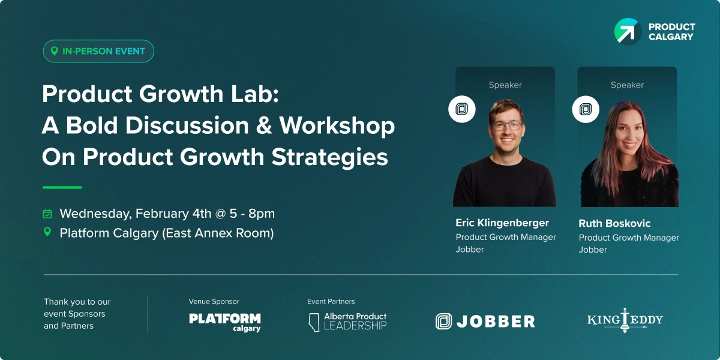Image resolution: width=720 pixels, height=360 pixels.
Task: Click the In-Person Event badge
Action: (98, 51)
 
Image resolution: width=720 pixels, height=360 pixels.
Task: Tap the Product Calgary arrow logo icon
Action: (627, 31)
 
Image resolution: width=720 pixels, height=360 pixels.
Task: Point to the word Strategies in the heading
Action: (330, 157)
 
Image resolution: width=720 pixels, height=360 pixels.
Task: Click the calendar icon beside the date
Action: (47, 214)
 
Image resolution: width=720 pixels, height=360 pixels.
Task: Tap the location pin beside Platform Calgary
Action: (47, 232)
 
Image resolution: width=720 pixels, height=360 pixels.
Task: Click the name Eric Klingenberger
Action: (502, 223)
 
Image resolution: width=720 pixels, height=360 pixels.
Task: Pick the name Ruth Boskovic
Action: (614, 223)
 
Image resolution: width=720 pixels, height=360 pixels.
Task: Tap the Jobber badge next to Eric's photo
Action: (462, 109)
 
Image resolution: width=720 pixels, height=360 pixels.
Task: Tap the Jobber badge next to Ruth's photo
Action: (585, 109)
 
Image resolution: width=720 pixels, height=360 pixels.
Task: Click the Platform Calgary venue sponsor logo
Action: (225, 322)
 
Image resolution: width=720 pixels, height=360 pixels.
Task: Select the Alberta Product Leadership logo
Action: (348, 321)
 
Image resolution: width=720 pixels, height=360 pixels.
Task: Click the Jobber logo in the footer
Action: (485, 322)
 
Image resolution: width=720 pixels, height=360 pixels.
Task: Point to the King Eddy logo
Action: (625, 320)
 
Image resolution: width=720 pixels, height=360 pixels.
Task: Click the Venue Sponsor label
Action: (214, 301)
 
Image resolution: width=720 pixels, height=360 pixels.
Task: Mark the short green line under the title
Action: (62, 187)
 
